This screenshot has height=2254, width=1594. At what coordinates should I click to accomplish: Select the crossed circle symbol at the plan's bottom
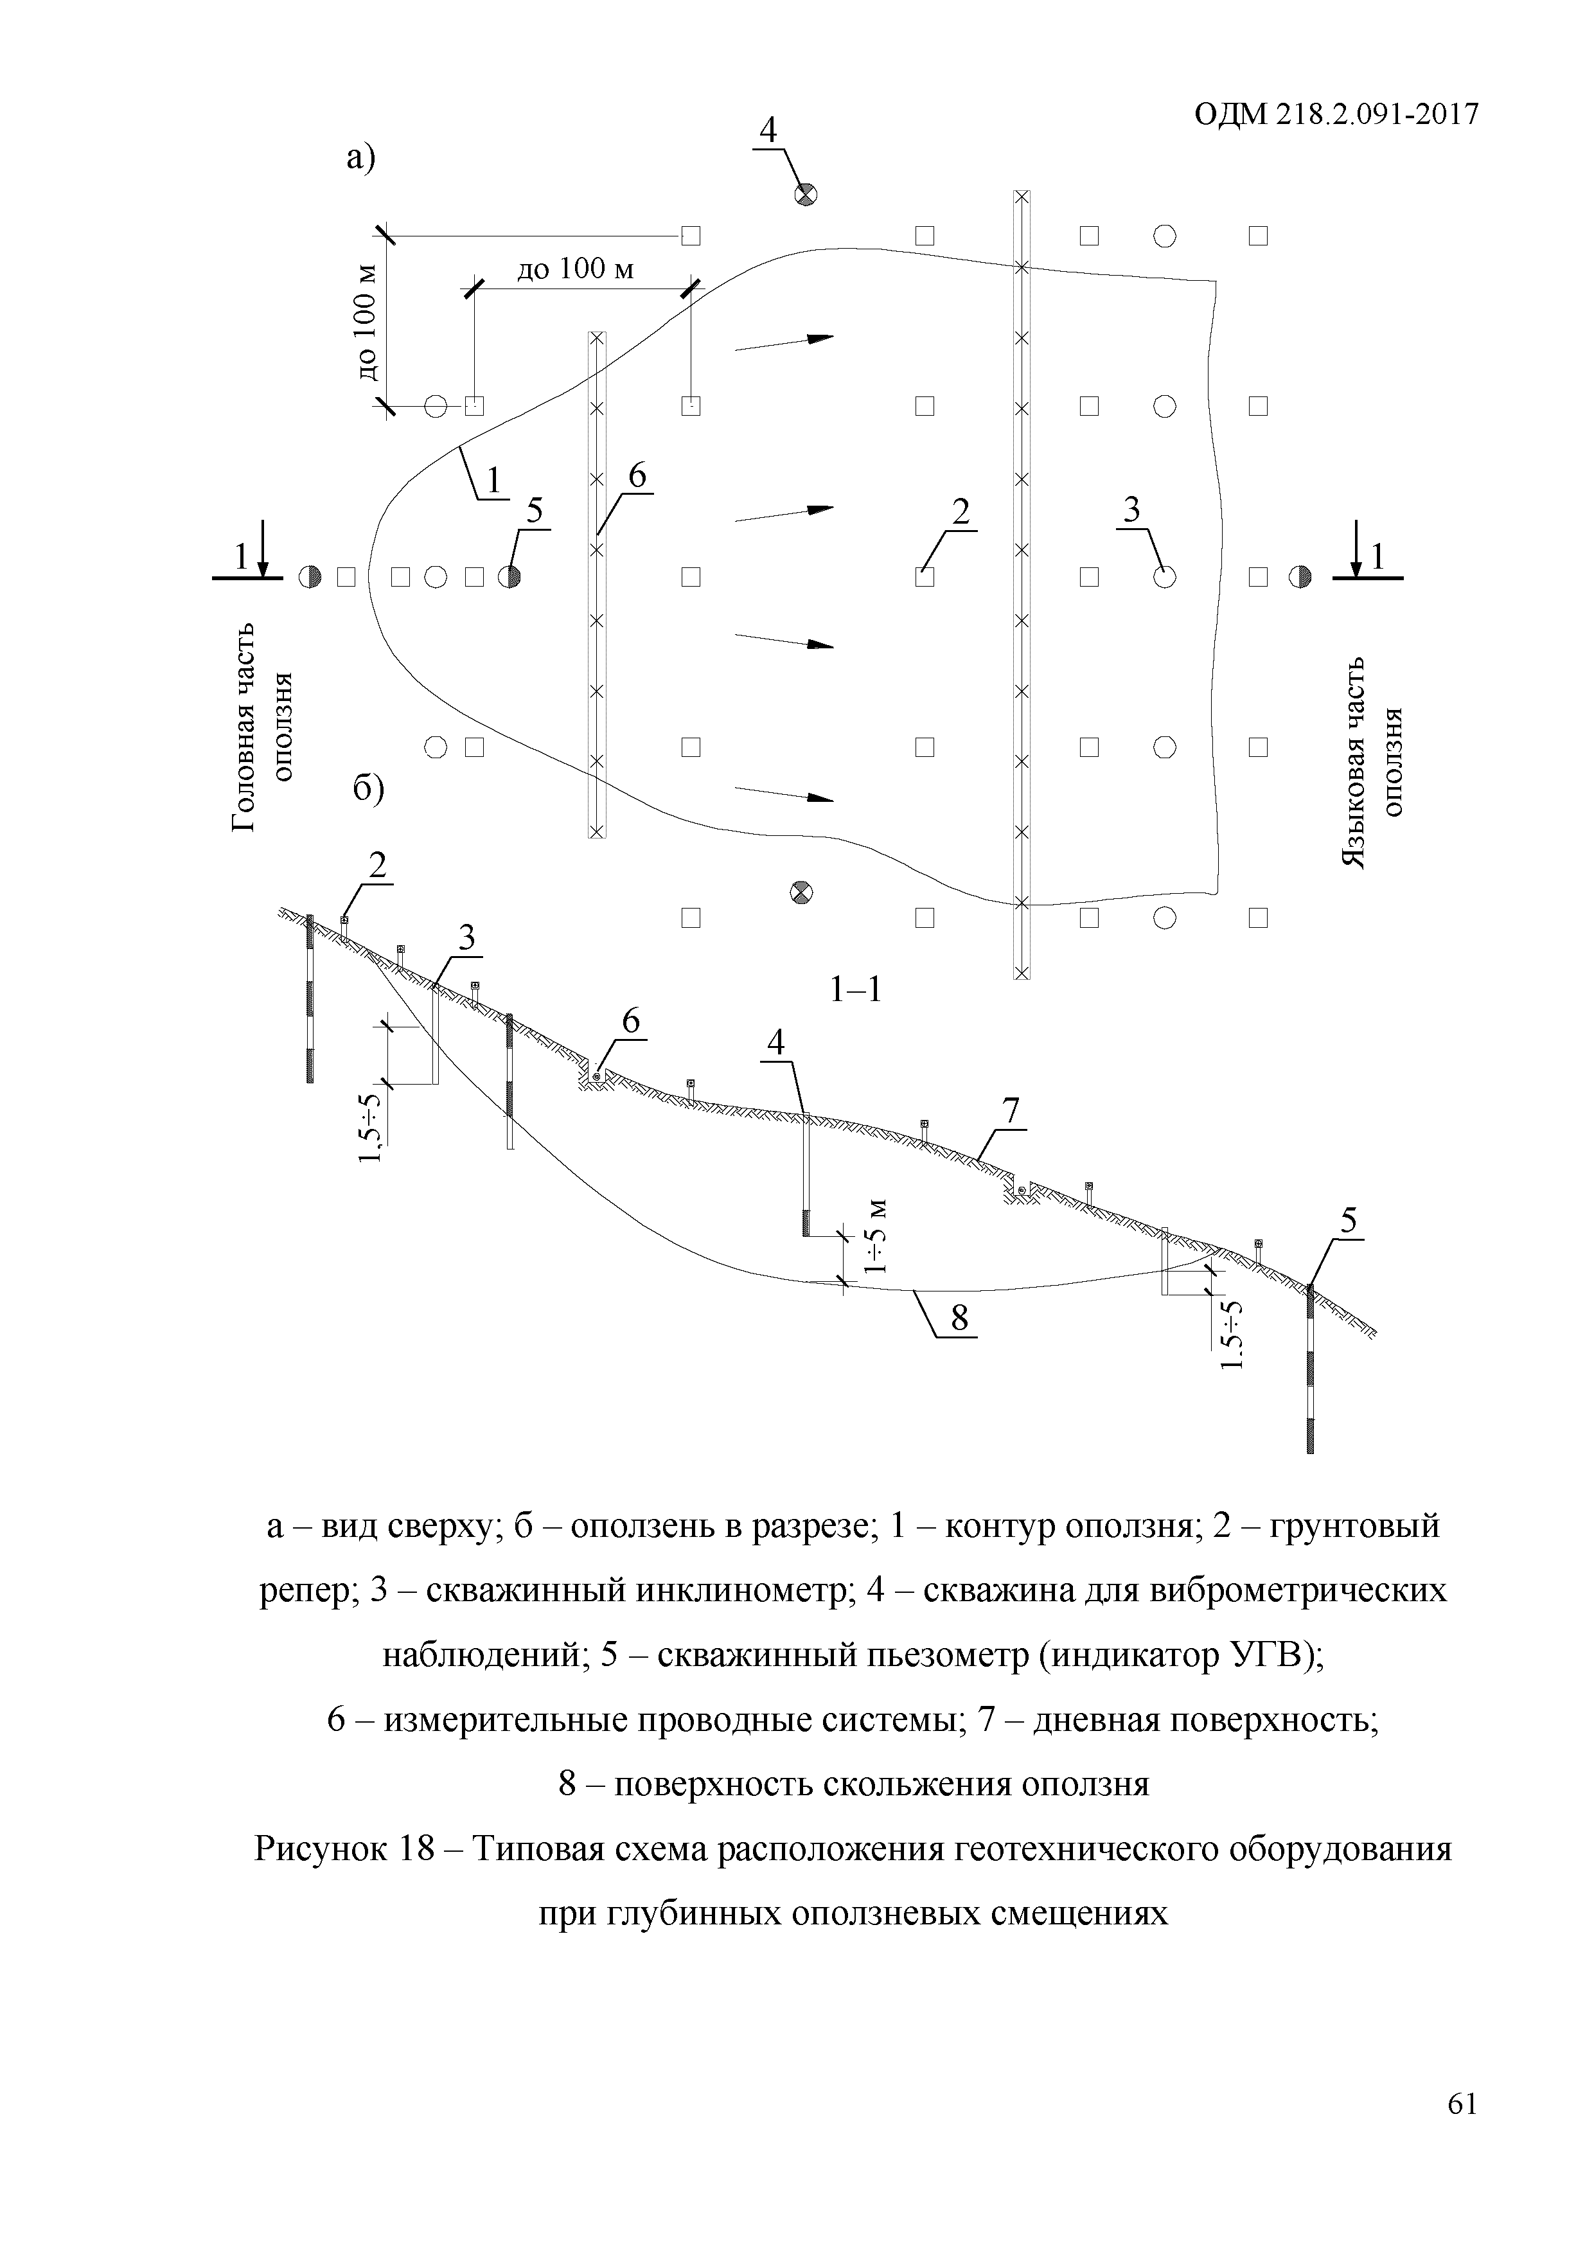(x=801, y=891)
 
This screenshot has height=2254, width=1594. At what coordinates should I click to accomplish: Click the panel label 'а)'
(x=360, y=157)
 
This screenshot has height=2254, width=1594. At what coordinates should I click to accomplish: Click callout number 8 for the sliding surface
(x=959, y=1318)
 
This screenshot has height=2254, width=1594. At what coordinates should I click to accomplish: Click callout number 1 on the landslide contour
(x=493, y=480)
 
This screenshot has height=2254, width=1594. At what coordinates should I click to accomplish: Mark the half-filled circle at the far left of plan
(x=309, y=577)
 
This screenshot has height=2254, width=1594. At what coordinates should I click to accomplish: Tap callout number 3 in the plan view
(x=1131, y=510)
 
